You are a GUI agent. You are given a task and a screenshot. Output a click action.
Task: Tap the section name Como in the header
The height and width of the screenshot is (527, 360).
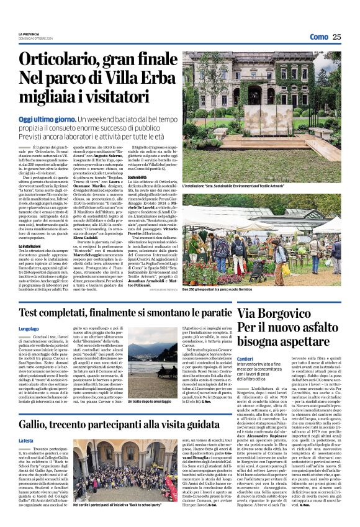[318, 37]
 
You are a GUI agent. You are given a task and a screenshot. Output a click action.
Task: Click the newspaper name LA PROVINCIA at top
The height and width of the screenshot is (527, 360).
[29, 34]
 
